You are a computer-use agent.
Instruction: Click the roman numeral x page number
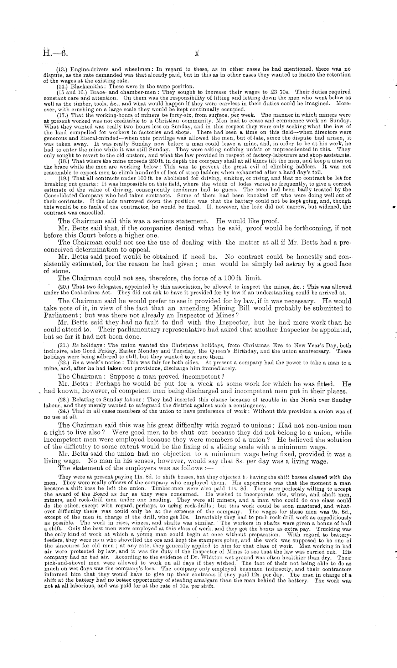(196, 53)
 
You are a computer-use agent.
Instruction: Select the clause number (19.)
(63, 178)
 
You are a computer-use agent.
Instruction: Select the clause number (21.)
(63, 345)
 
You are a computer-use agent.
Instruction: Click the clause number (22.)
(63, 363)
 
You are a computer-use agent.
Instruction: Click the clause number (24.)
(63, 411)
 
